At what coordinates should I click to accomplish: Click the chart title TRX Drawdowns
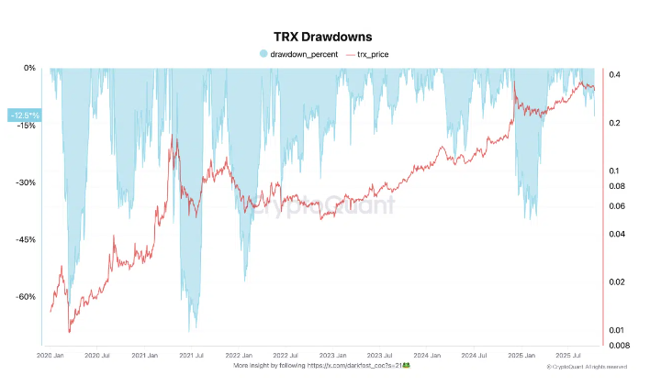pos(322,38)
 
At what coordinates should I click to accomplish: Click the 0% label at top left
pos(29,69)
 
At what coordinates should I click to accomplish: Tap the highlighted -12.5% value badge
pos(24,115)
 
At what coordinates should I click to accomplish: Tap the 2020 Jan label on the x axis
pos(52,354)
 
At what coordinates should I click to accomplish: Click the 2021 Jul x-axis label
pos(192,354)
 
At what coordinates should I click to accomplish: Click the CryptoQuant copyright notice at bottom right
pos(587,367)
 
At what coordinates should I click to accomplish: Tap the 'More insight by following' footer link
pos(321,364)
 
